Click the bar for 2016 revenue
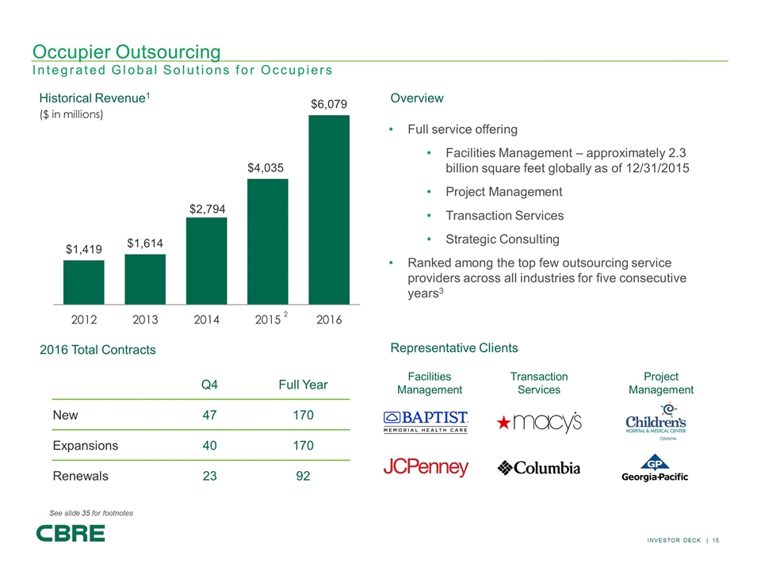(x=329, y=209)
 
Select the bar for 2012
(x=84, y=282)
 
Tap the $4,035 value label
(x=268, y=168)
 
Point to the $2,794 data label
(x=207, y=208)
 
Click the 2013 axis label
(x=145, y=320)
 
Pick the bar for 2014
(x=207, y=260)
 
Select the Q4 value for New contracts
(x=210, y=415)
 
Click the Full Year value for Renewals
(x=303, y=476)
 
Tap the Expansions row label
(x=85, y=445)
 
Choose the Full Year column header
(x=303, y=385)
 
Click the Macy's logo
(x=539, y=423)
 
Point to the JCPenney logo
(x=426, y=468)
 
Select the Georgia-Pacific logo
(x=655, y=469)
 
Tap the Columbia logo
(x=539, y=468)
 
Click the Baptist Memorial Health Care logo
(x=426, y=422)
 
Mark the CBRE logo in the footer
(x=71, y=533)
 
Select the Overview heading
(x=417, y=98)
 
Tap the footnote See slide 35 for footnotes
(x=91, y=513)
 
